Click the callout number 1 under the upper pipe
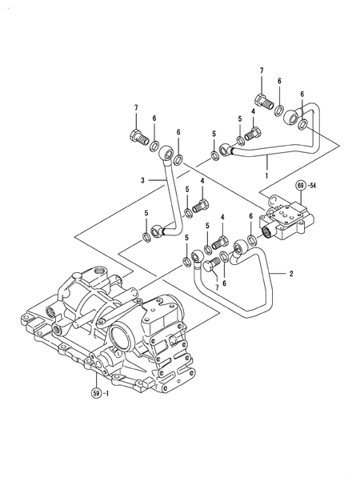click(x=266, y=171)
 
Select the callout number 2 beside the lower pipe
click(x=291, y=274)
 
